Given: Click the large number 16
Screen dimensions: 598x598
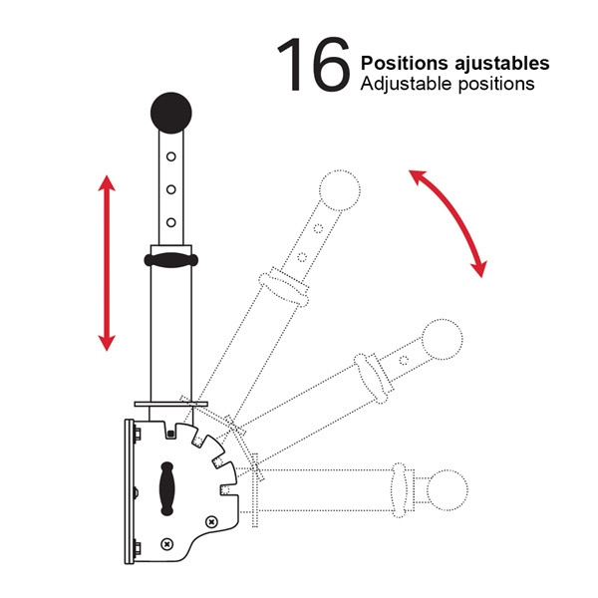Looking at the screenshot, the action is coord(314,64).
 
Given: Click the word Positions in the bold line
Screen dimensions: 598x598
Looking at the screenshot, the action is coord(405,64).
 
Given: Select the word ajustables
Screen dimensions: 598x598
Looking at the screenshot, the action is coord(502,64).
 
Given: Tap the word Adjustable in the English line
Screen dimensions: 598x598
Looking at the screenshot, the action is coord(407,84).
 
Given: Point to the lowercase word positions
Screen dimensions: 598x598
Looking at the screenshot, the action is coord(496,85).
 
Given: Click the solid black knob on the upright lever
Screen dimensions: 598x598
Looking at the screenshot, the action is coord(171,113).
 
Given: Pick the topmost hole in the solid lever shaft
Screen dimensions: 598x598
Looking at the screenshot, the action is coord(171,156).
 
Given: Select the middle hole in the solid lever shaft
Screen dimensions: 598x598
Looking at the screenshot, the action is coord(171,189).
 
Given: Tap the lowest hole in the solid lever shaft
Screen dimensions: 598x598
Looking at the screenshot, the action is coord(171,222).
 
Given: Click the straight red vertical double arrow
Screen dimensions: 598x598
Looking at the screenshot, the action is coord(107,263).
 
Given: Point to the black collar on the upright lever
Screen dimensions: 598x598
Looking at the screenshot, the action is coord(170,260).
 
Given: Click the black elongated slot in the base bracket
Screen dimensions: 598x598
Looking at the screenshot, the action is coord(166,488).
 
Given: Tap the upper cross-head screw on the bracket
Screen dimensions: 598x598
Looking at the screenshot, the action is coord(211,521).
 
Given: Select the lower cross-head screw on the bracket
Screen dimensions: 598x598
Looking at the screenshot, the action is coord(167,544).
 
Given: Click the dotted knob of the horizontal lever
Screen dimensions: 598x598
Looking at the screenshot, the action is coord(447,490).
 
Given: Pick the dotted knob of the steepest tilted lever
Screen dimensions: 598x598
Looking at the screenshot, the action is coord(340,190).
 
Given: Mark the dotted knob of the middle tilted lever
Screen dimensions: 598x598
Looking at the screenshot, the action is coord(443,340).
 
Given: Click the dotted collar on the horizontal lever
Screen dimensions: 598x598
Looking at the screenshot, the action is coord(399,490).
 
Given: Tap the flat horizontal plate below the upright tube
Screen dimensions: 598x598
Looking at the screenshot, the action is coord(170,404).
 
